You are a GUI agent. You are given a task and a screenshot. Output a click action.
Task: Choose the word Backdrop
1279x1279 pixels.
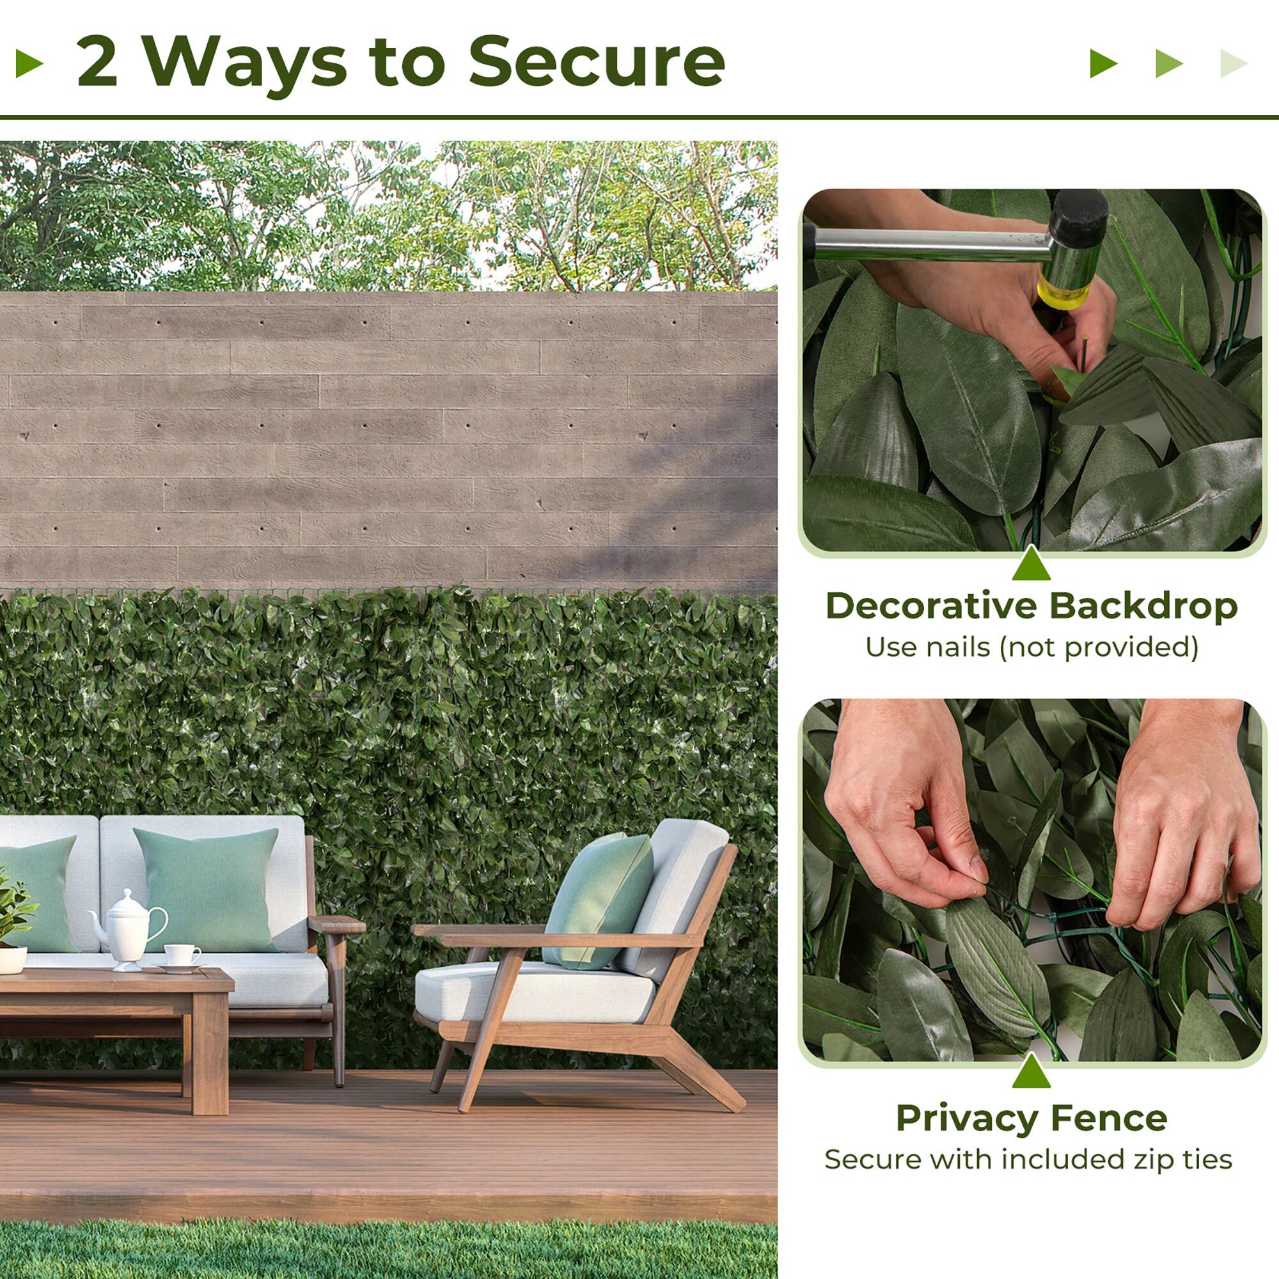1143,606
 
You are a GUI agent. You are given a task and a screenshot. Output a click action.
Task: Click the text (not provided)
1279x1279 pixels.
1099,648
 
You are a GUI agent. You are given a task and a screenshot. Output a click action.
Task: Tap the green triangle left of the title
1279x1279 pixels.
29,63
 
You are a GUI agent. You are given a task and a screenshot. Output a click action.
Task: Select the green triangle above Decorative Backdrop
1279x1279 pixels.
1031,563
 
